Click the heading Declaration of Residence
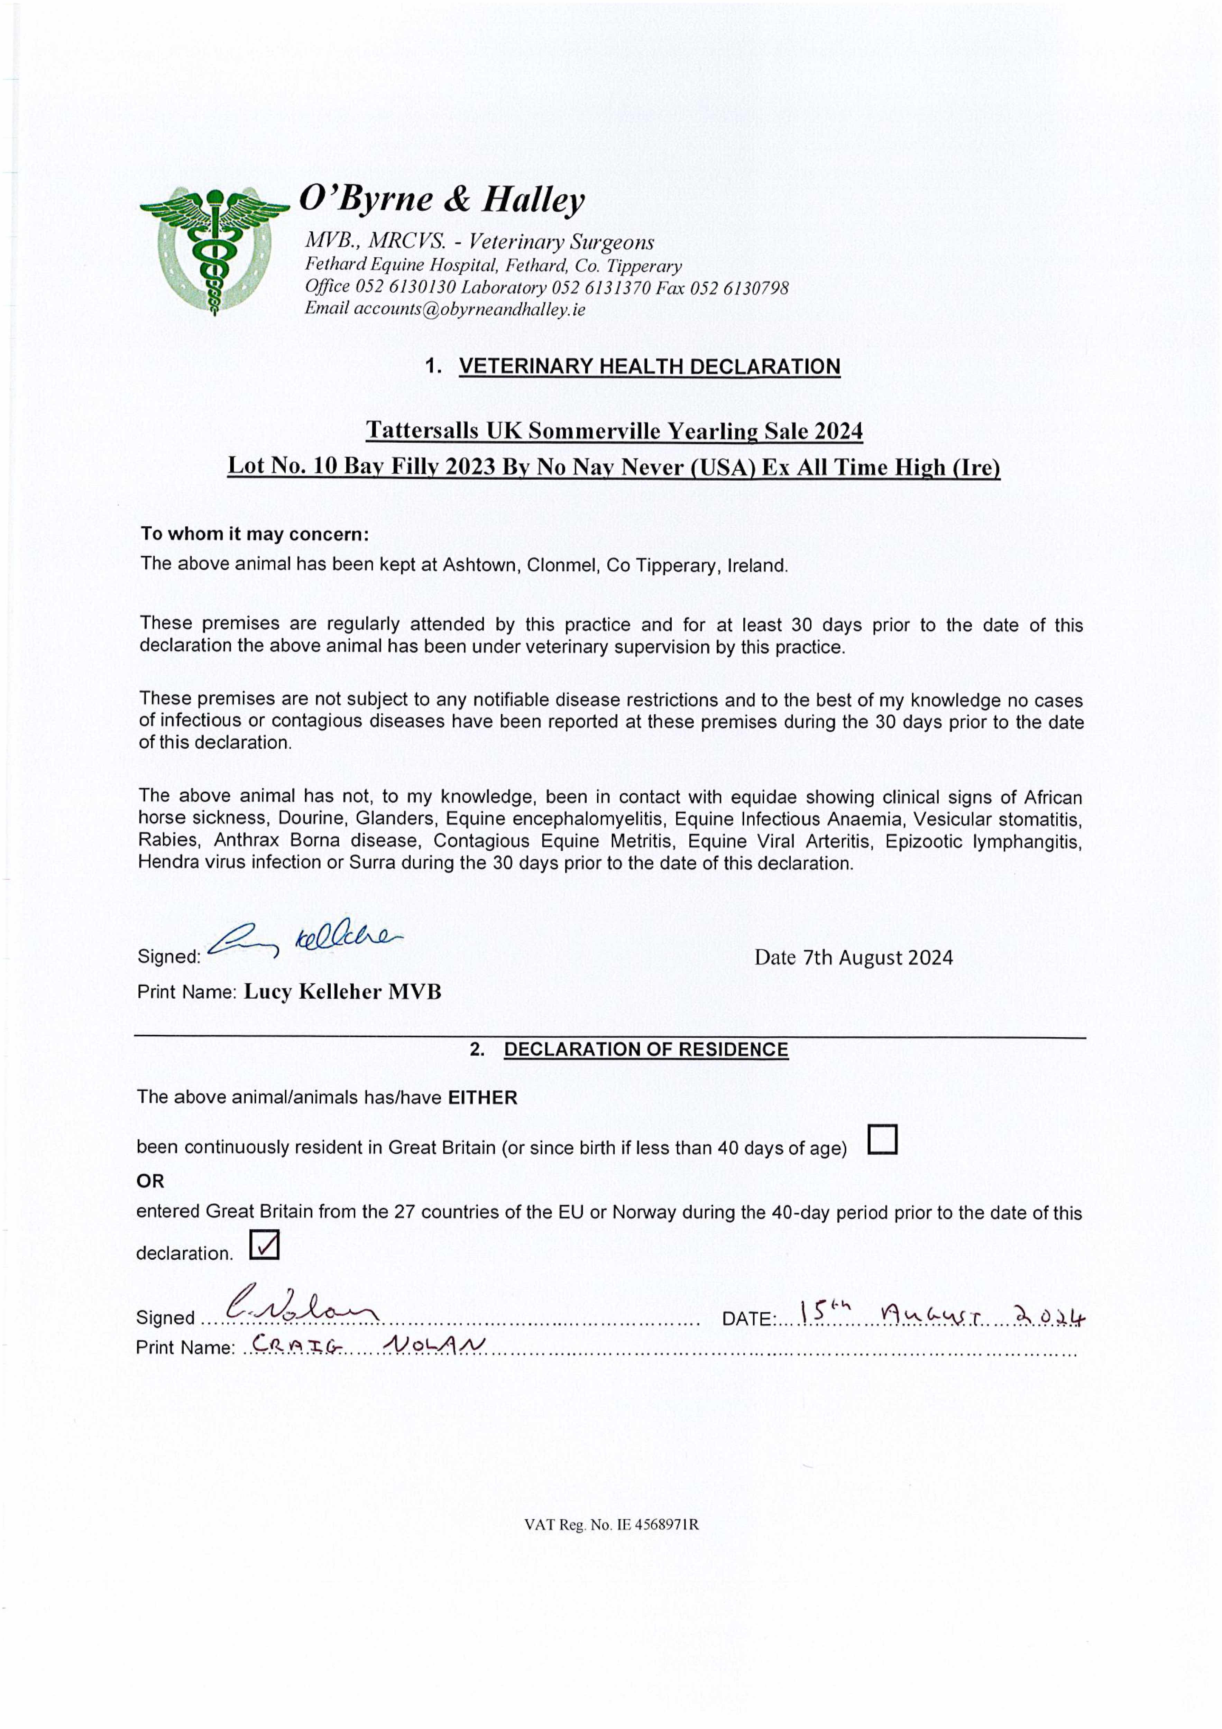(646, 1050)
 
